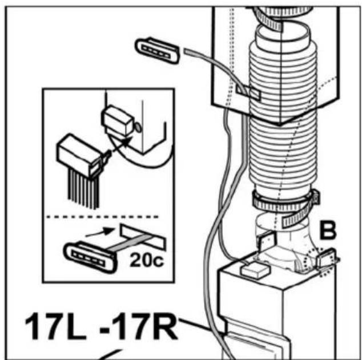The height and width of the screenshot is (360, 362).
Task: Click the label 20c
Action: pyautogui.click(x=147, y=260)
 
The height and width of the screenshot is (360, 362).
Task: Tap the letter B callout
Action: pyautogui.click(x=328, y=231)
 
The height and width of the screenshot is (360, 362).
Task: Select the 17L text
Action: pyautogui.click(x=55, y=326)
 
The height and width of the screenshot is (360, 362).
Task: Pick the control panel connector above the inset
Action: pyautogui.click(x=158, y=50)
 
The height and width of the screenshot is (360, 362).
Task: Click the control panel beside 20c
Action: pyautogui.click(x=90, y=257)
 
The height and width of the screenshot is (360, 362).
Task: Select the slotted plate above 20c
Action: pyautogui.click(x=143, y=236)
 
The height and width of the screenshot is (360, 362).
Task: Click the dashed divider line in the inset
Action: pyautogui.click(x=103, y=217)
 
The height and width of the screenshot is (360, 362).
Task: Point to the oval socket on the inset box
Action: pyautogui.click(x=138, y=127)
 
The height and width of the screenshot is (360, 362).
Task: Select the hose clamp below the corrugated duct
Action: pyautogui.click(x=285, y=204)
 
